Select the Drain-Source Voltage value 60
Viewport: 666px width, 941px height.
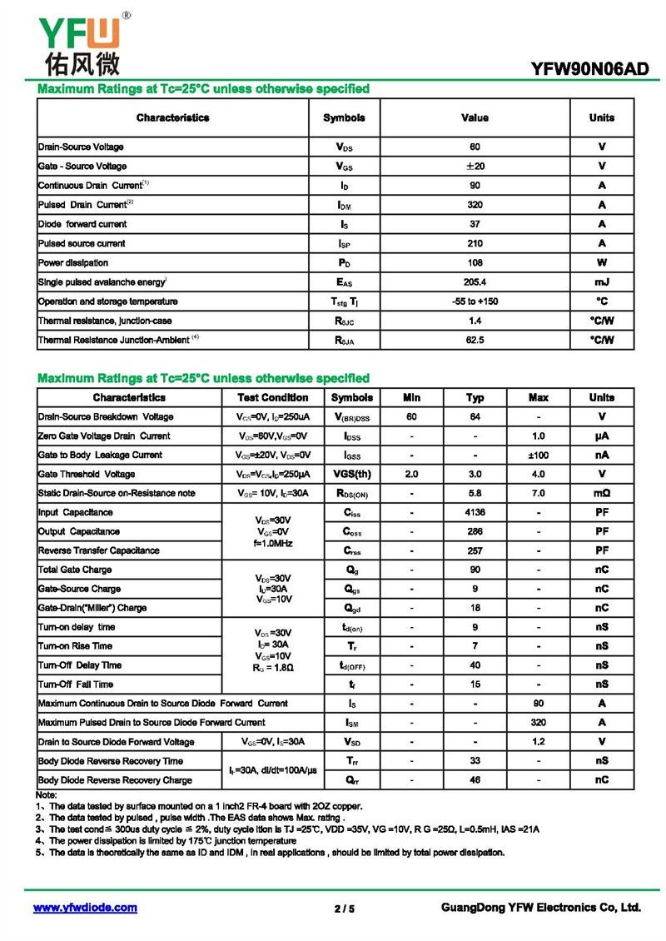(475, 147)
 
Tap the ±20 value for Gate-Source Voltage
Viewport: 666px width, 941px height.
(475, 166)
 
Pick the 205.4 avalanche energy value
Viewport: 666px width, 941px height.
(475, 282)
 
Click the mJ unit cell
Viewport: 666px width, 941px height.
(601, 282)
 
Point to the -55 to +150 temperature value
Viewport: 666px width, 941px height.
(475, 301)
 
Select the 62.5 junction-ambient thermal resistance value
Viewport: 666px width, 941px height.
(475, 340)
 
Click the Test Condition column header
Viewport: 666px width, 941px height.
(272, 397)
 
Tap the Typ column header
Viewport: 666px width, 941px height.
(475, 397)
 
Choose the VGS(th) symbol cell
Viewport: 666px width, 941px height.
(352, 474)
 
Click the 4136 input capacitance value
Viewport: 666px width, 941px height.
(475, 512)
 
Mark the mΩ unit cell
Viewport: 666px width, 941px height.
(601, 493)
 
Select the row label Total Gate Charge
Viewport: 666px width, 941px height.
(75, 570)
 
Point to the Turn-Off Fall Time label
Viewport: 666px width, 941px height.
(76, 685)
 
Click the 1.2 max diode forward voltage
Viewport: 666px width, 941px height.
(539, 742)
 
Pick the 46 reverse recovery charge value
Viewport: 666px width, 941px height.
(475, 780)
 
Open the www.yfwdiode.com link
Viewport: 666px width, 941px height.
(85, 908)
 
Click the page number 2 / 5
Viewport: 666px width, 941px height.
(344, 909)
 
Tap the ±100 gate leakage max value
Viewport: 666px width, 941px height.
(539, 455)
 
